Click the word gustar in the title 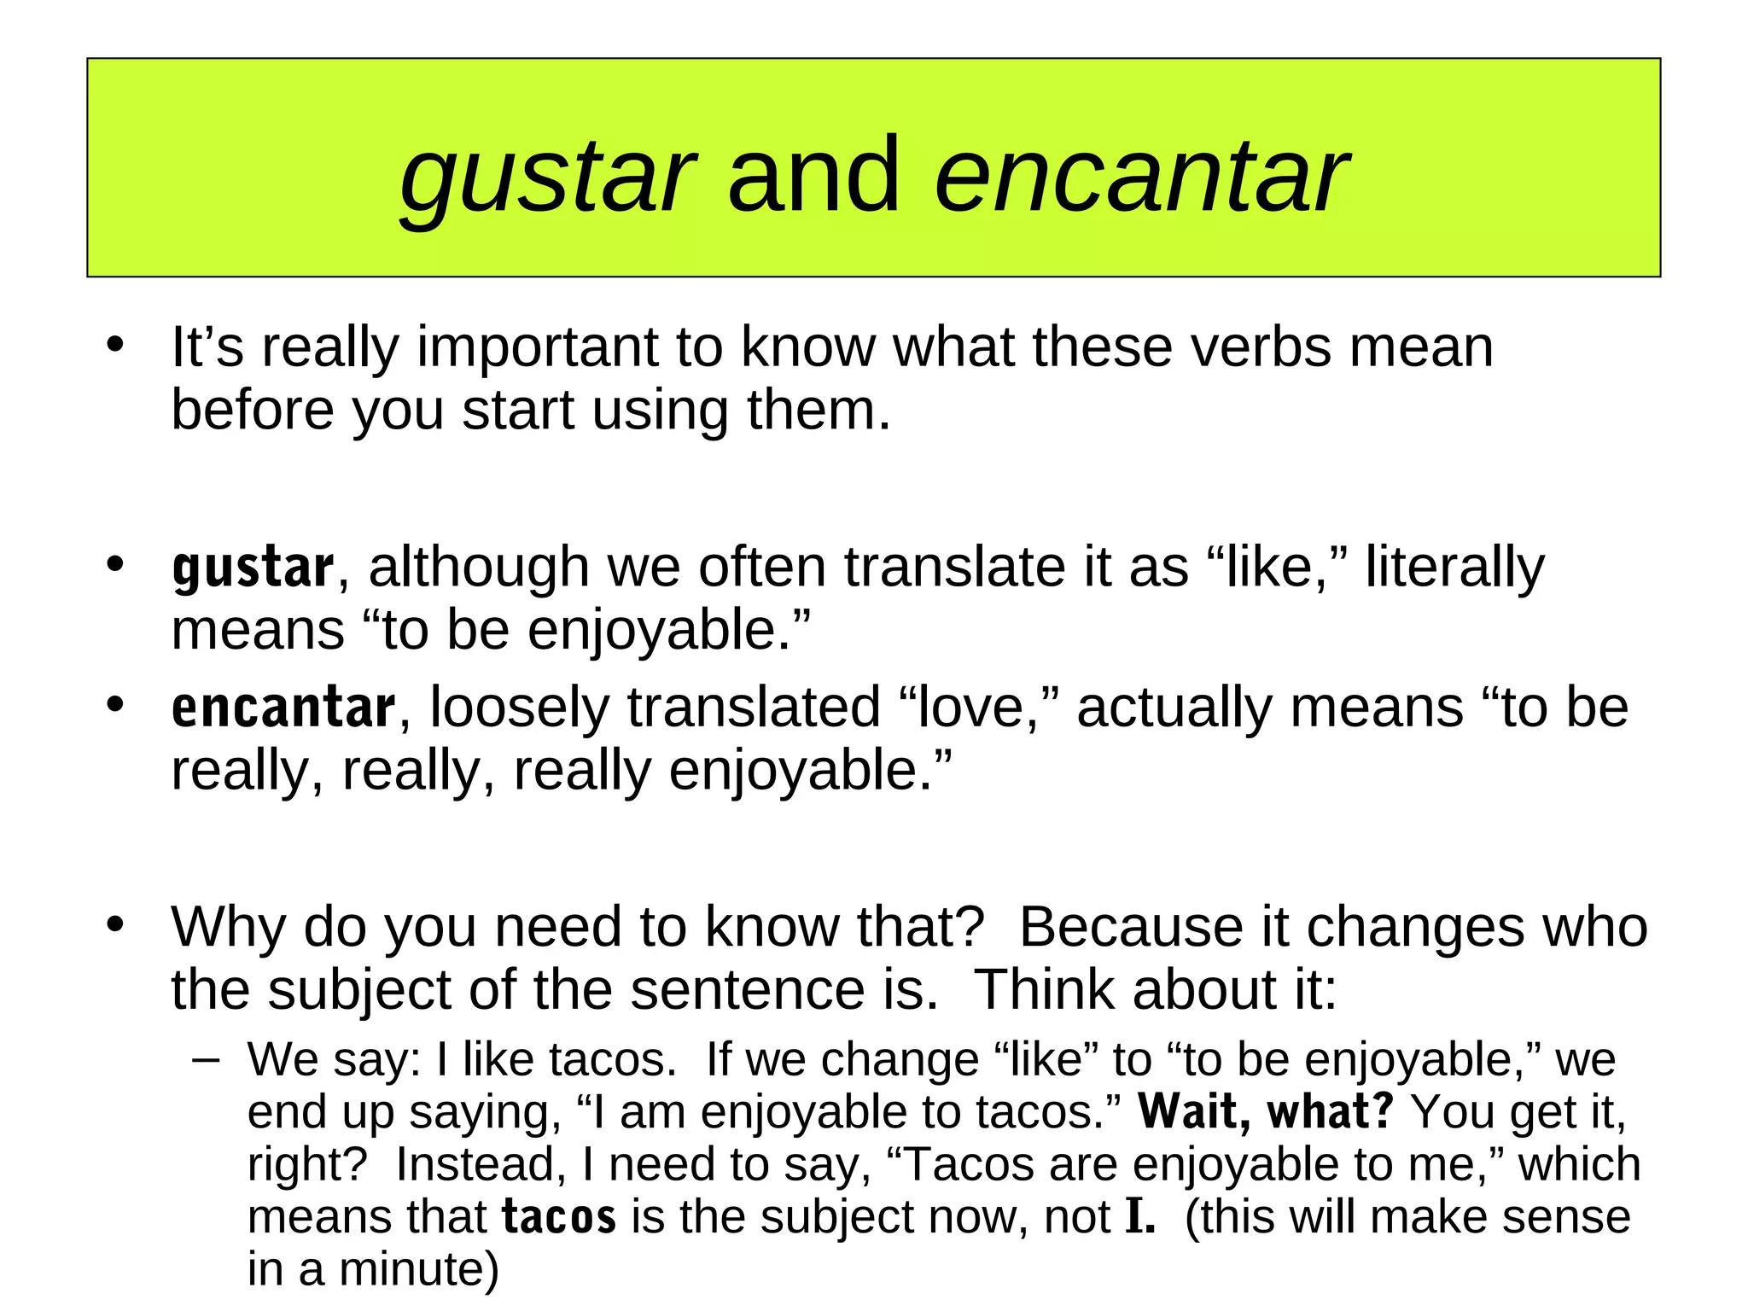click(547, 178)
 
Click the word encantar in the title click(1141, 178)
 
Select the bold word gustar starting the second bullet click(253, 568)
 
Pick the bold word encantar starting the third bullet click(283, 708)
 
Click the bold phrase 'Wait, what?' click(1266, 1112)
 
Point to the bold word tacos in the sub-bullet click(559, 1217)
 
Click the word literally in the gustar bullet click(1454, 568)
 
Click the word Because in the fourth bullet click(1130, 928)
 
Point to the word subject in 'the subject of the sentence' click(359, 991)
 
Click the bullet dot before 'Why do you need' click(115, 925)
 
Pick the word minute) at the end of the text click(419, 1270)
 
